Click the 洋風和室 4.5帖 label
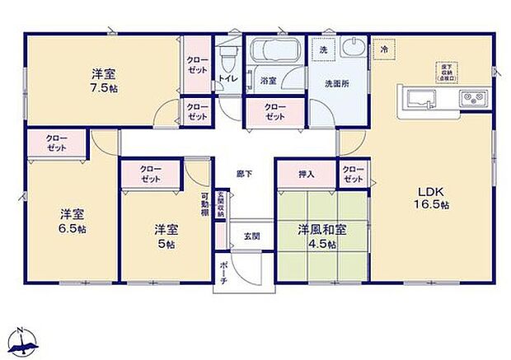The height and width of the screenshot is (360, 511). (x=316, y=236)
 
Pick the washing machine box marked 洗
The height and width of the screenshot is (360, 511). (x=323, y=49)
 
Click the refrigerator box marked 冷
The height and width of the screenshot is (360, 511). (x=384, y=49)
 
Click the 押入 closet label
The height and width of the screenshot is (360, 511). (x=306, y=174)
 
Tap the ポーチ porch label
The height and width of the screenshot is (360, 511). (x=224, y=272)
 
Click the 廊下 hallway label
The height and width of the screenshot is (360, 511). (x=244, y=174)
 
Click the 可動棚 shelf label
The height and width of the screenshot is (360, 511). (x=204, y=202)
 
